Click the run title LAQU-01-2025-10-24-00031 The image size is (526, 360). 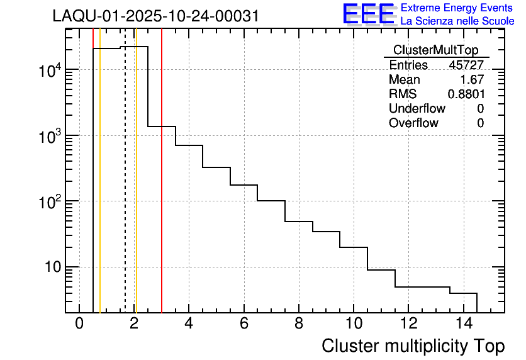pos(155,16)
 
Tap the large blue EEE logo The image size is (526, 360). pos(369,14)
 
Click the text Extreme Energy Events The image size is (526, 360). pos(457,8)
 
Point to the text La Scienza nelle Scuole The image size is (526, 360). pos(457,21)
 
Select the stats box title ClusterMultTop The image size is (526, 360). pos(435,50)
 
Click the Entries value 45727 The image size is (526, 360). pos(466,65)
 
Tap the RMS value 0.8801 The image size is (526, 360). pos(466,94)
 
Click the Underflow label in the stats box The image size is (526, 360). pos(417,109)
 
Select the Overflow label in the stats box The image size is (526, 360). pos(413,123)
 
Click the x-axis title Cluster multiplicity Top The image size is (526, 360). pos(413,346)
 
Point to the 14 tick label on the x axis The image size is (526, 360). pos(462,324)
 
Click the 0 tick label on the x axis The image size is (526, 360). pos(79,324)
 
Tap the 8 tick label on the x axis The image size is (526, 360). pos(298,324)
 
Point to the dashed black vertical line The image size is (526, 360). pos(125,189)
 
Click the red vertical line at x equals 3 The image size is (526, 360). pos(162,189)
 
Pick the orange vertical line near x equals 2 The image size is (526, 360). pos(136,189)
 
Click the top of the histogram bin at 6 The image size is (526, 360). pos(243,185)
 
